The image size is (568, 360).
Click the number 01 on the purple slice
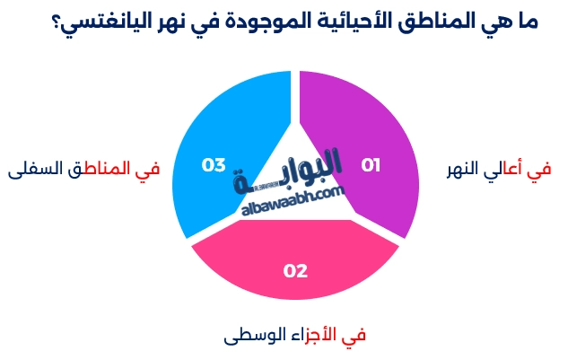371,165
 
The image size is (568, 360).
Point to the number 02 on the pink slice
295,270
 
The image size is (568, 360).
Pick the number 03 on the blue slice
214,165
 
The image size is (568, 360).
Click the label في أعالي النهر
499,169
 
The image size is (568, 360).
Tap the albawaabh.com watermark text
293,203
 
